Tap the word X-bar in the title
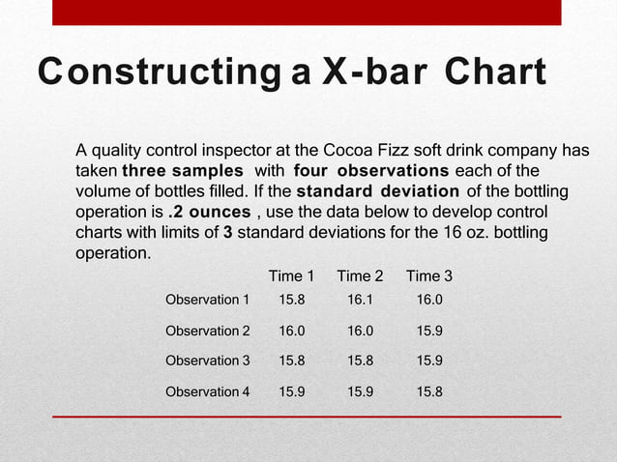pyautogui.click(x=371, y=73)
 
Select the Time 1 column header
pyautogui.click(x=291, y=276)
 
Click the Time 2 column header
pyautogui.click(x=360, y=276)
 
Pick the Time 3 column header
pyautogui.click(x=429, y=276)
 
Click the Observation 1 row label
pyautogui.click(x=208, y=301)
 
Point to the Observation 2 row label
pyautogui.click(x=208, y=331)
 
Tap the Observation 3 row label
pyautogui.click(x=208, y=361)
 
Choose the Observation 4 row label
pyautogui.click(x=208, y=391)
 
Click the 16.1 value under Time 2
pyautogui.click(x=360, y=301)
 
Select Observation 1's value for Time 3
pyautogui.click(x=429, y=301)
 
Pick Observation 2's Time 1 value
pyautogui.click(x=292, y=331)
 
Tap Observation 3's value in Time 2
pyautogui.click(x=360, y=361)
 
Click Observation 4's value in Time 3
pyautogui.click(x=429, y=391)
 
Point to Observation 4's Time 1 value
pyautogui.click(x=292, y=391)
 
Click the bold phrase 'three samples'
pyautogui.click(x=182, y=170)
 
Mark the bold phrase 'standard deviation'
pyautogui.click(x=377, y=191)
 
